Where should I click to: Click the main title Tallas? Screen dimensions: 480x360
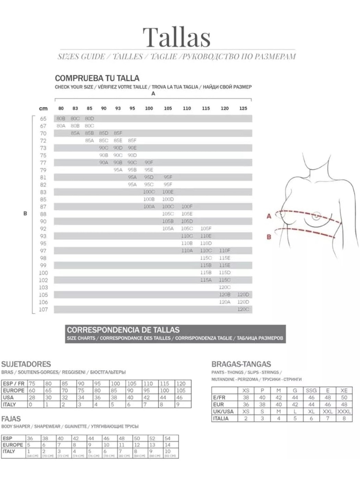click(177, 37)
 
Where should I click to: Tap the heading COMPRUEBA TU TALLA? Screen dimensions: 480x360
click(97, 78)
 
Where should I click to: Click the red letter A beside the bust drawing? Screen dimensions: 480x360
click(269, 216)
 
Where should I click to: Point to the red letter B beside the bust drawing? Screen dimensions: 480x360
click(269, 237)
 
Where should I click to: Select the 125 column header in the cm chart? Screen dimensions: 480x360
click(243, 108)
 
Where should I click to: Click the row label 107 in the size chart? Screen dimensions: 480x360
click(43, 310)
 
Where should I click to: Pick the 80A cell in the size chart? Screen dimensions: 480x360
click(61, 126)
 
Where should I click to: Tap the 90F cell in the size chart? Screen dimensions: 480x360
click(149, 163)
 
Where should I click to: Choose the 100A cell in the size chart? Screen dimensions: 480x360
click(149, 207)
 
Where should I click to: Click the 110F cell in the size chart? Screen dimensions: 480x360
click(225, 251)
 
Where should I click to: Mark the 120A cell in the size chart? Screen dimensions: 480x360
click(225, 302)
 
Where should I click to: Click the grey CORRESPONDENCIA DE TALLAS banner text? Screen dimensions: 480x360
click(123, 330)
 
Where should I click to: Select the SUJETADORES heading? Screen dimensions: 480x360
click(26, 364)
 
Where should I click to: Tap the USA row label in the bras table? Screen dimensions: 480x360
click(8, 398)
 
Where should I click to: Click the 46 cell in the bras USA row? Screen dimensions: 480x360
click(179, 398)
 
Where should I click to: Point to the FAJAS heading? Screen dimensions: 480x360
click(11, 419)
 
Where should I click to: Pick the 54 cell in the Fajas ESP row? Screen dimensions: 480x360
click(168, 439)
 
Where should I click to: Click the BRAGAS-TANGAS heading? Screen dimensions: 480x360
click(241, 364)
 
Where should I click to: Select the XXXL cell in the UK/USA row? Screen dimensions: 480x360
click(344, 411)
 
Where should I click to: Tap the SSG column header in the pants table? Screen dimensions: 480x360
click(311, 391)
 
